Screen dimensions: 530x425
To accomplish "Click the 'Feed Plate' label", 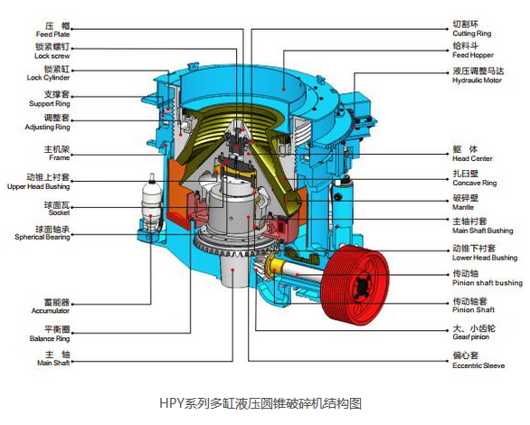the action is coord(52,34).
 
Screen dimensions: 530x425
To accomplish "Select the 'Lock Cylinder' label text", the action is coord(48,78).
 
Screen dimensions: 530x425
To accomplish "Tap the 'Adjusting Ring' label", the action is coord(48,127).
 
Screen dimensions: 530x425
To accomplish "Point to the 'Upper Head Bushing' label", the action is coord(39,186).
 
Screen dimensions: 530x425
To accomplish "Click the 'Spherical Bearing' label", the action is coord(43,237).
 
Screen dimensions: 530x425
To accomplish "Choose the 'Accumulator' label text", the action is coord(51,310).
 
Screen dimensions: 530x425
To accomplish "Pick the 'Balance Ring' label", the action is coord(50,338).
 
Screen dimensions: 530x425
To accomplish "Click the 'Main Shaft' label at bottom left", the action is coord(53,363).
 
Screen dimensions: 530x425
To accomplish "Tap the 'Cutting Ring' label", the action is coord(472,33).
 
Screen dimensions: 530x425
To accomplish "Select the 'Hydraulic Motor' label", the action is coord(477,80).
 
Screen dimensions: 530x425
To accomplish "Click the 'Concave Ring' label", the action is coord(475,183).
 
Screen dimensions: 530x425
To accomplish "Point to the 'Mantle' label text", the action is coord(463,207).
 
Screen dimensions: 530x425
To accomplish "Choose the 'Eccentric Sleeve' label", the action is coord(478,365).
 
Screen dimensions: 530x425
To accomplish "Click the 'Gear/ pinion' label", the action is coord(471,336).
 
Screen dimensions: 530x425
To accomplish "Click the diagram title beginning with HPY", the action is coord(260,403).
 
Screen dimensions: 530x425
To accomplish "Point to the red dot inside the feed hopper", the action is coord(284,90).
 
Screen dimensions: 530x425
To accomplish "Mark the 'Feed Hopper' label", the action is coord(473,55).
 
